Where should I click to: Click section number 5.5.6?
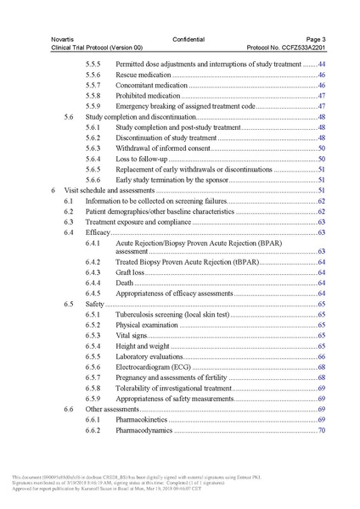coord(95,76)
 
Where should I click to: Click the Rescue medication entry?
coord(143,76)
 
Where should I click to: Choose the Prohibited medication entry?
coord(148,96)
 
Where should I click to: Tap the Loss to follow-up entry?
coord(143,159)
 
